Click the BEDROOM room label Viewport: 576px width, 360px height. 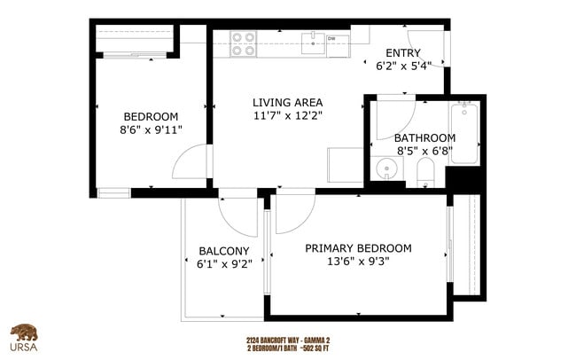pyautogui.click(x=151, y=116)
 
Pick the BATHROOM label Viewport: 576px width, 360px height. pyautogui.click(x=424, y=137)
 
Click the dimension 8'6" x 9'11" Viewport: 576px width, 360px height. pyautogui.click(x=151, y=131)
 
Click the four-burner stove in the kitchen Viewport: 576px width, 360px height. pyautogui.click(x=244, y=43)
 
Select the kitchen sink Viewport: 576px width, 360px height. pyautogui.click(x=312, y=40)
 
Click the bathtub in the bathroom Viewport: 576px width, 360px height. pyautogui.click(x=464, y=134)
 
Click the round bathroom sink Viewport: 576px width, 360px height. pyautogui.click(x=385, y=168)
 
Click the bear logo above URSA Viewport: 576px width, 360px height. pyautogui.click(x=25, y=333)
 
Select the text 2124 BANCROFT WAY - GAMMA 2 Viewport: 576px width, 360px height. pyautogui.click(x=288, y=340)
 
